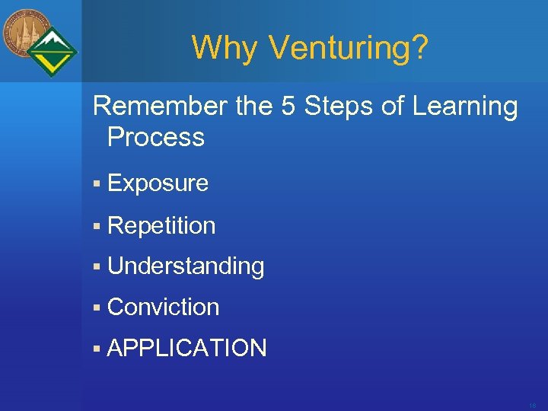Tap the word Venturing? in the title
tap(349, 48)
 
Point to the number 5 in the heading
tap(288, 107)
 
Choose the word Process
tap(156, 138)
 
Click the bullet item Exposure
tap(158, 183)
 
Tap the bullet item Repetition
tap(161, 226)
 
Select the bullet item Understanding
tap(186, 266)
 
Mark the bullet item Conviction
tap(163, 307)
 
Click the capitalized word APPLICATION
tap(187, 349)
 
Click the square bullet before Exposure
tap(97, 184)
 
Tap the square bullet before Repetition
tap(97, 226)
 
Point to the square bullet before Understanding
tap(97, 267)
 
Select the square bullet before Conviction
tap(97, 308)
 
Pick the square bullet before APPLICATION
tap(97, 349)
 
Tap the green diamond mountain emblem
tap(53, 52)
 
